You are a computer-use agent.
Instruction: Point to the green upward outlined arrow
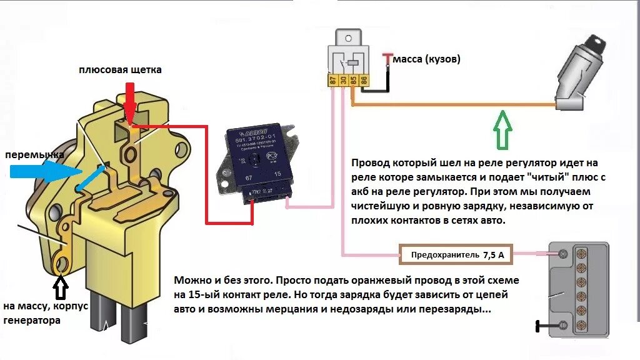502,128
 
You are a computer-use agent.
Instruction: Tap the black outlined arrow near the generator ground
61,287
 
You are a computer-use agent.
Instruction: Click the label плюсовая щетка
120,70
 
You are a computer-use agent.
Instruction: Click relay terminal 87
333,80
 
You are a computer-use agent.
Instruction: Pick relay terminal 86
364,80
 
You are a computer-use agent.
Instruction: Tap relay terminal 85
354,80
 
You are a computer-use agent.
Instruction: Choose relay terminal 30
343,80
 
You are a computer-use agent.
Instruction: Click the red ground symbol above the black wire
387,57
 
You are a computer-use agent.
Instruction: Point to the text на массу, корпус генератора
46,313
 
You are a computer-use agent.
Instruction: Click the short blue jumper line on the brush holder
87,177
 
